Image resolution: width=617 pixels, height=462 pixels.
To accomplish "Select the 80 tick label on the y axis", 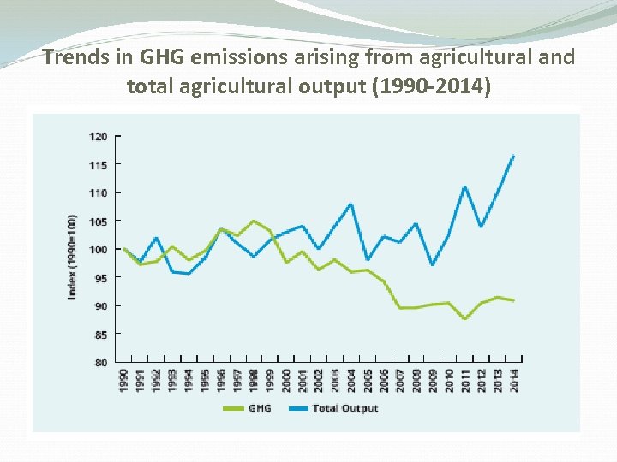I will [x=100, y=363].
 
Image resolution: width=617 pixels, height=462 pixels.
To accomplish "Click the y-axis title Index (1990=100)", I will [x=73, y=257].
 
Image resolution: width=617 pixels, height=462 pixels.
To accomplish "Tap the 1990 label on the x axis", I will [x=124, y=379].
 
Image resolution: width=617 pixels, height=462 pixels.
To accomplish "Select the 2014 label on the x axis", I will [x=514, y=379].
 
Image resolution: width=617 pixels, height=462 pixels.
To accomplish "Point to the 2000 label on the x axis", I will [x=286, y=379].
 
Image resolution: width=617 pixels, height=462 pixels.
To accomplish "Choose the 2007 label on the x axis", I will [x=400, y=379].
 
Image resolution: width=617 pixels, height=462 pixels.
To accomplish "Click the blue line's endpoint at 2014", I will [x=513, y=156].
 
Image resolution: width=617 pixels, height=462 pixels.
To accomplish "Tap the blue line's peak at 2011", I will [x=464, y=187].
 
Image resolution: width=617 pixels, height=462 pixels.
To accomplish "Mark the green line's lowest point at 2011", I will [x=464, y=318].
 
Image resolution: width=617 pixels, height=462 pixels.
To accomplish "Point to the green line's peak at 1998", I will [x=254, y=221].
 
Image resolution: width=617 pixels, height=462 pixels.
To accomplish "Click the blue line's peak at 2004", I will [x=351, y=204].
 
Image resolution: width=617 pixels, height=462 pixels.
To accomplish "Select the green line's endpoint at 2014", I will [x=513, y=300].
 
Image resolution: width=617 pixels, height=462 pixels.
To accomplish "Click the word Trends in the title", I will [x=73, y=59].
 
